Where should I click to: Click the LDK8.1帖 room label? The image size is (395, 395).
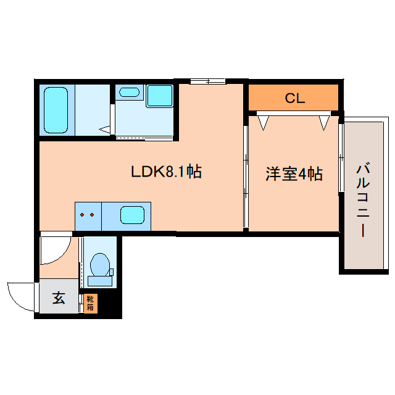click(166, 172)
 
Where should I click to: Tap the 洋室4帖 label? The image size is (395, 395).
click(294, 173)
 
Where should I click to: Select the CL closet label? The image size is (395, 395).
click(295, 98)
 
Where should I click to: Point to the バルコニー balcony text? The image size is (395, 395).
click(363, 200)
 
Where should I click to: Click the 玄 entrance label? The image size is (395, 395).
click(59, 298)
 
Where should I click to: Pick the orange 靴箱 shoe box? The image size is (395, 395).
click(91, 304)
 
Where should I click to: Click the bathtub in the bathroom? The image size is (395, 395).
click(56, 110)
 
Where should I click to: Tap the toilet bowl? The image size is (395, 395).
click(100, 264)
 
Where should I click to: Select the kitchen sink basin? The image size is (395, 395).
click(133, 215)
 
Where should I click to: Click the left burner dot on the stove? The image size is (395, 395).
click(82, 215)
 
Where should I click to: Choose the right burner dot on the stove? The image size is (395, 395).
click(92, 215)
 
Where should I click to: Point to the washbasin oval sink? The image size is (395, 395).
click(129, 92)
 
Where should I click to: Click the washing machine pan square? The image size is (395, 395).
click(160, 96)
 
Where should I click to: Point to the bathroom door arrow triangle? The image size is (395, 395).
click(105, 130)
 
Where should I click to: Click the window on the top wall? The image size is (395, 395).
click(207, 81)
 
